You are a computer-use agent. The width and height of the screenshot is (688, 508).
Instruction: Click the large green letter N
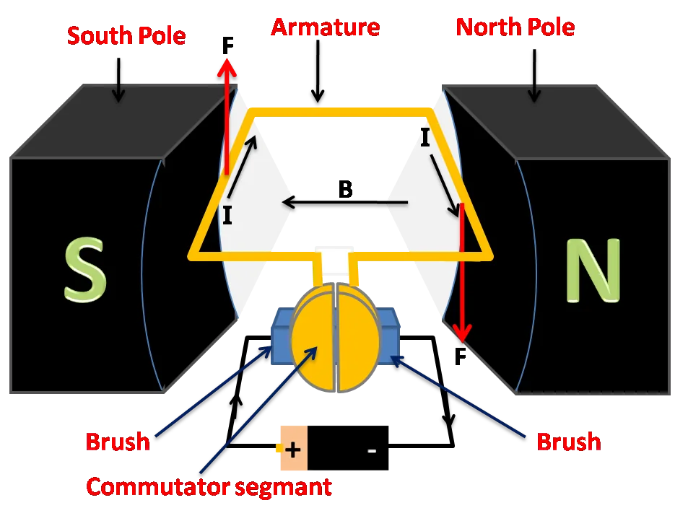pos(593,270)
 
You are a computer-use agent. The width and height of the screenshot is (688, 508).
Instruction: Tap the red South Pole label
pos(126,35)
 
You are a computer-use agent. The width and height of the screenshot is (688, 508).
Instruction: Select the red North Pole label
pos(515,28)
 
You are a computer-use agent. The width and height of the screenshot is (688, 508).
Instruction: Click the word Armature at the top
pos(325,28)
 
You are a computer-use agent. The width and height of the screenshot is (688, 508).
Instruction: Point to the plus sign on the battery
pos(292,450)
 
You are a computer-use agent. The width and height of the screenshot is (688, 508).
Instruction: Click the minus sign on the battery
pos(372,451)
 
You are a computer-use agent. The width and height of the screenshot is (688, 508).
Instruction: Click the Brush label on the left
pos(118,441)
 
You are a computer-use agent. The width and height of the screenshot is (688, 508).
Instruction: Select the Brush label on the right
pos(568,441)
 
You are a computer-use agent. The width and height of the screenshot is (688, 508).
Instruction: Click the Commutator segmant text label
pos(209,486)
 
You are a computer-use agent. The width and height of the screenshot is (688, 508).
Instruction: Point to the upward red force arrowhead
pos(227,69)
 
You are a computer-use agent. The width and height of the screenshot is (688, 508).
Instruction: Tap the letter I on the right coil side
pos(425,138)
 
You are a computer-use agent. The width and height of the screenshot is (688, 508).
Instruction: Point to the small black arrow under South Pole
pos(118,90)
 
